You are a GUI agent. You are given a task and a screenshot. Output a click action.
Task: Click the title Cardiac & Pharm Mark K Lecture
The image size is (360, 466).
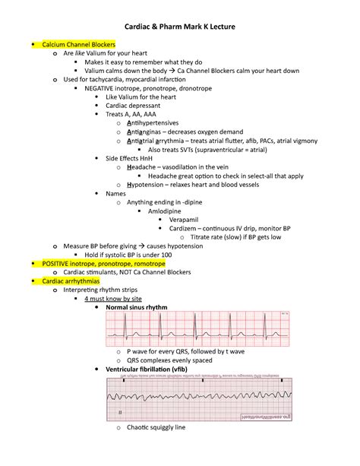[x=180, y=27]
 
